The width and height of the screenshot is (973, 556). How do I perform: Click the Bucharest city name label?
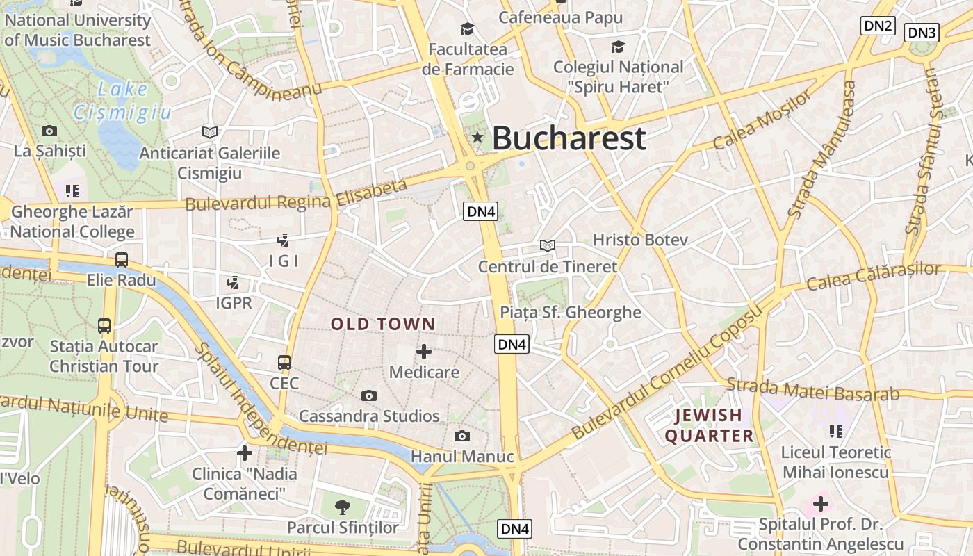pos(569,138)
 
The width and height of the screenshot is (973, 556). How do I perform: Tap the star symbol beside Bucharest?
pos(477,137)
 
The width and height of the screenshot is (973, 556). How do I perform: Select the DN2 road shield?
pos(878,26)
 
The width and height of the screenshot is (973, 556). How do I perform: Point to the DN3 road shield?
pos(923,32)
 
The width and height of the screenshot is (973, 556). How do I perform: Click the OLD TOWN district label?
pos(383,324)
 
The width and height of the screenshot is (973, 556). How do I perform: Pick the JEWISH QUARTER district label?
pos(709,425)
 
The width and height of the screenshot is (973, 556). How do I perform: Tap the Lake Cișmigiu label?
pos(122,100)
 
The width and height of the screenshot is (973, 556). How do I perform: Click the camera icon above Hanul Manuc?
pos(461,436)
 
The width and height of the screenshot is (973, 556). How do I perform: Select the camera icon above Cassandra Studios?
pos(369,395)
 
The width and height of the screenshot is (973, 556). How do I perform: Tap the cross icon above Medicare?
pos(424,352)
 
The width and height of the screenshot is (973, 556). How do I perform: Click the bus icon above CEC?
pos(284,362)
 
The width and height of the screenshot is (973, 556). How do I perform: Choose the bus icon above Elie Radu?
pos(122,260)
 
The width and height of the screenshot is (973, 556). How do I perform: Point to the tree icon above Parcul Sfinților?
pos(343,507)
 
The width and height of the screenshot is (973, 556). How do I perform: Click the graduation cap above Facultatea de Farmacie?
pos(467,28)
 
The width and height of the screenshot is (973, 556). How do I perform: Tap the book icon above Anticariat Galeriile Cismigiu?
pos(209,132)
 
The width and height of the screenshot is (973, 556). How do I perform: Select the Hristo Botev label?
pos(640,240)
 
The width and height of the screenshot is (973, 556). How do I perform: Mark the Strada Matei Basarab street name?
pos(813,390)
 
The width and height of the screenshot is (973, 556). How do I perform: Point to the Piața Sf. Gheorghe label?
pos(571,312)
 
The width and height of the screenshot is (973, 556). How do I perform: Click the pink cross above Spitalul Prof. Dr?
pos(821,502)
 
